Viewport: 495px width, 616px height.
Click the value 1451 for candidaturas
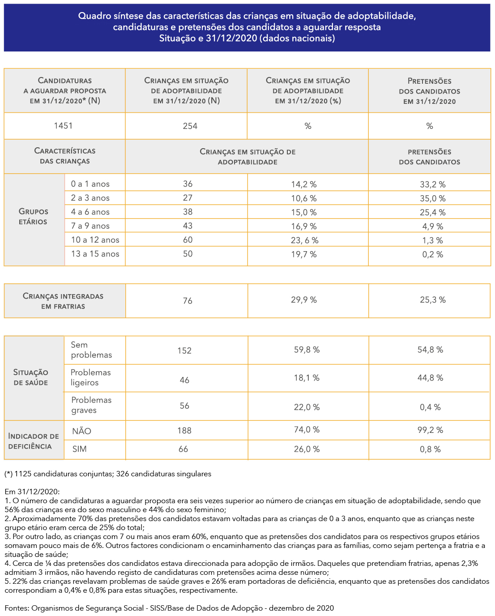(x=63, y=126)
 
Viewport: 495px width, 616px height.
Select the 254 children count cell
(x=190, y=126)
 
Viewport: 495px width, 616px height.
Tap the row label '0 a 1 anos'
(x=90, y=184)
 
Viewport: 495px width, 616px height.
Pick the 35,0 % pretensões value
(x=433, y=198)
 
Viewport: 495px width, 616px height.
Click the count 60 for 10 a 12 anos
(x=188, y=240)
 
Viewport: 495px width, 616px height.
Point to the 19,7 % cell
(x=304, y=254)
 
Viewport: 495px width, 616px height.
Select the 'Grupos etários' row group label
(x=33, y=216)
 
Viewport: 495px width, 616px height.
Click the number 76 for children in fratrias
(x=188, y=300)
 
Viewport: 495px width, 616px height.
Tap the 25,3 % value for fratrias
(x=433, y=299)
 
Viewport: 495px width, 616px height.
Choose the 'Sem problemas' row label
(x=91, y=350)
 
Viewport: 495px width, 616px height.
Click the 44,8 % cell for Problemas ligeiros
(x=431, y=378)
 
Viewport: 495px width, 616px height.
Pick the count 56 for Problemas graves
(x=184, y=406)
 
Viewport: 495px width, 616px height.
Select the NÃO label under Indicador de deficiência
(x=81, y=431)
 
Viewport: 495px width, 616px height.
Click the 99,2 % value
(x=431, y=430)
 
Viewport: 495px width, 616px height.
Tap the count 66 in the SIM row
(x=183, y=449)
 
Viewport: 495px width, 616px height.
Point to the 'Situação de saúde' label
(x=30, y=377)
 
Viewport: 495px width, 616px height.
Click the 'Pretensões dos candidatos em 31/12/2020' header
(x=430, y=91)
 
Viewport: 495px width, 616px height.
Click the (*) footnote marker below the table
(x=9, y=474)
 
